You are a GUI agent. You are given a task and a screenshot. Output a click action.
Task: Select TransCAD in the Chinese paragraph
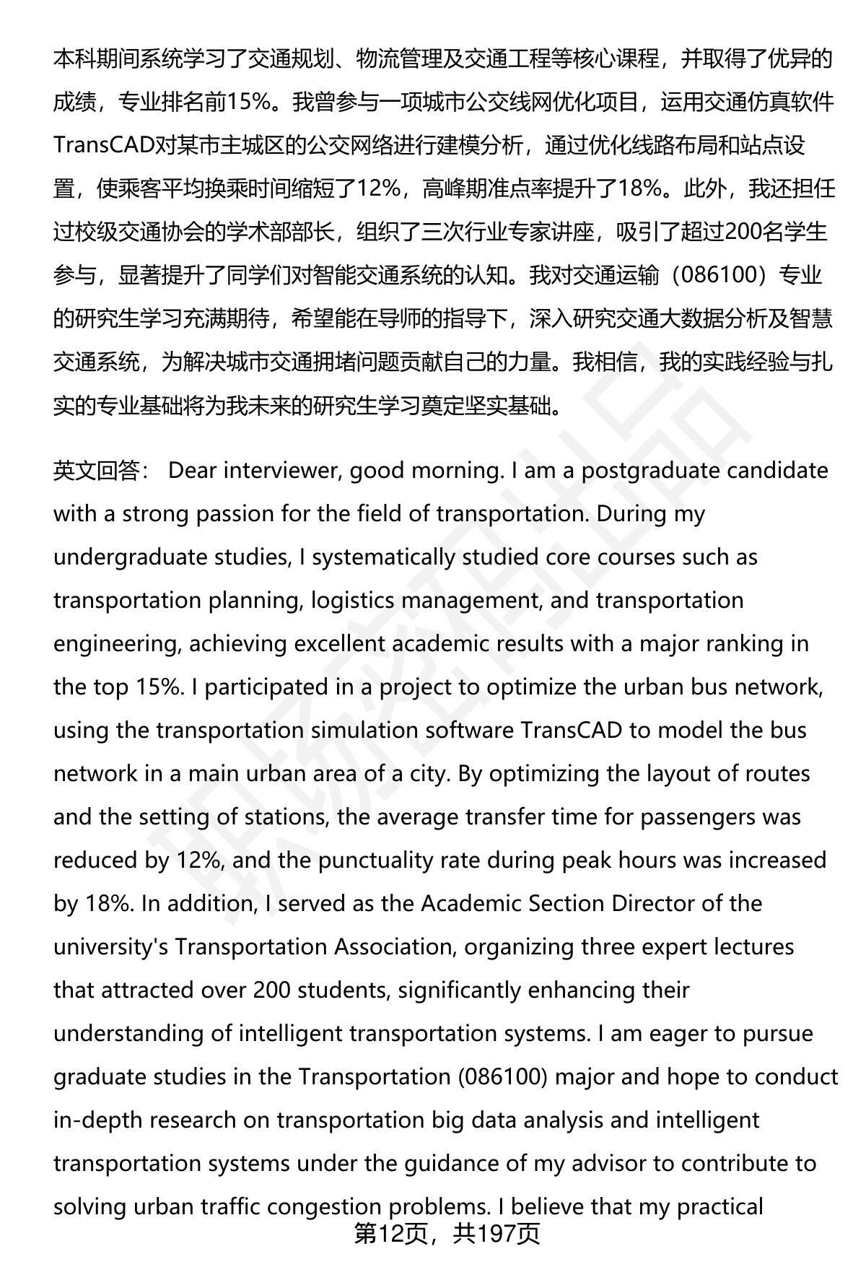pyautogui.click(x=104, y=145)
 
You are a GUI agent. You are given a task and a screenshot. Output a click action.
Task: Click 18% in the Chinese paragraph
pyautogui.click(x=642, y=188)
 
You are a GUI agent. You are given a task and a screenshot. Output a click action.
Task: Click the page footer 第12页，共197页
pyautogui.click(x=447, y=1235)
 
